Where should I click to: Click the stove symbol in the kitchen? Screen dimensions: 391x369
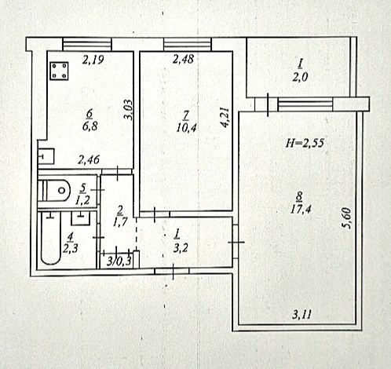tap(59, 71)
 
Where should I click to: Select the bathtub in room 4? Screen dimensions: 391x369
tap(51, 238)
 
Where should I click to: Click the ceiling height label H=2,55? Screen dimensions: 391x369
tap(305, 143)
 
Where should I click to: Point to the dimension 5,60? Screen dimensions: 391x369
tap(346, 218)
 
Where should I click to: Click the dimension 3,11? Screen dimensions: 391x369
tap(302, 314)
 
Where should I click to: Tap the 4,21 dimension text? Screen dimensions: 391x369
tap(225, 117)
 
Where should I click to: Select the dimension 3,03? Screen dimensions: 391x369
tap(129, 110)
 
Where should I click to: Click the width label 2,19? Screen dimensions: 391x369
tap(93, 60)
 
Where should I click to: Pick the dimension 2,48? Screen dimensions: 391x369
tap(183, 59)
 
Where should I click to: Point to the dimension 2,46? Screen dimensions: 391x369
tap(89, 159)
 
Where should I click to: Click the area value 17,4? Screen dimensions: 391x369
tap(301, 209)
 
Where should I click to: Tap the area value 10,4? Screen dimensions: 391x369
tap(187, 128)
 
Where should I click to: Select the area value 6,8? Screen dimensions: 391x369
tap(90, 126)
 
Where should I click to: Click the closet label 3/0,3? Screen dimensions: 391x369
tap(119, 261)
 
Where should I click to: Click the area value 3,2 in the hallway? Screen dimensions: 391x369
tap(181, 248)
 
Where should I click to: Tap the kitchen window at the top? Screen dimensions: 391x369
tap(87, 44)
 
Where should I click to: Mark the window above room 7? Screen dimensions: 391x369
tap(188, 44)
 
